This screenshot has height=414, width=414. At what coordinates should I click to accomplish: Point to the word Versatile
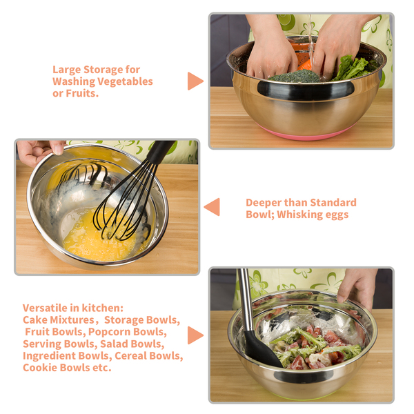point(45,308)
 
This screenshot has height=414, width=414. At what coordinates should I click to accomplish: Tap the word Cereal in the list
point(130,355)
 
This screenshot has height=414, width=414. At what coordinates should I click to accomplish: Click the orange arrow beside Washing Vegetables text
point(195,81)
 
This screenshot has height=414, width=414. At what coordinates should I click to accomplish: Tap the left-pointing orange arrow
point(212,207)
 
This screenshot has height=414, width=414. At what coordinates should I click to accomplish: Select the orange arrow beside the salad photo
point(195,335)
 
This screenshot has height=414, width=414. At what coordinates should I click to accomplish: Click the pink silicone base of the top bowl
point(305,134)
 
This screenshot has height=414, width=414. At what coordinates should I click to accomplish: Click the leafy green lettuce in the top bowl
point(351,68)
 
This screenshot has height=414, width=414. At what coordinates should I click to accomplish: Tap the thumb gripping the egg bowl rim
point(57,148)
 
